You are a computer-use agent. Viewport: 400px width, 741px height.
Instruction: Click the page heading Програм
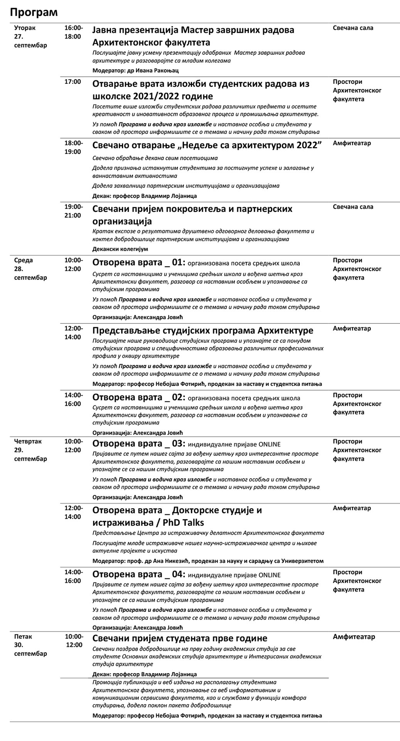(34, 12)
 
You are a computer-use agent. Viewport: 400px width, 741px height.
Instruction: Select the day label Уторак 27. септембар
(30, 37)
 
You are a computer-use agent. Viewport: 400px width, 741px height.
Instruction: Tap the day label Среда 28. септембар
(30, 269)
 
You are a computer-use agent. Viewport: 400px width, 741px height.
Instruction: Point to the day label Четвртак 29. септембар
(30, 450)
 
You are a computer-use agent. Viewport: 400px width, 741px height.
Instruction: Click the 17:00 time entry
(73, 82)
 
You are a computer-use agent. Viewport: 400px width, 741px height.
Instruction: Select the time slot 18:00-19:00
(73, 147)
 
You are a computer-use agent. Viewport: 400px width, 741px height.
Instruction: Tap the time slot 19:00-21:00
(73, 211)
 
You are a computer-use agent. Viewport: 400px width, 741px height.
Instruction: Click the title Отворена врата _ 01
(138, 263)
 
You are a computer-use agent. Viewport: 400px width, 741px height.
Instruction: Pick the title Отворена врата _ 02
(138, 398)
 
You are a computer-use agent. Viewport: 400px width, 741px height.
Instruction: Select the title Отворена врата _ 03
(138, 443)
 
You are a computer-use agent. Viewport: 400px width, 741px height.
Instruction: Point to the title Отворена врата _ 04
(138, 574)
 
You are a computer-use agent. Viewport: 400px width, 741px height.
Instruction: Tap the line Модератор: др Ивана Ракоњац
(135, 71)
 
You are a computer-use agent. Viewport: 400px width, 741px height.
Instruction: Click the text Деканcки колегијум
(120, 249)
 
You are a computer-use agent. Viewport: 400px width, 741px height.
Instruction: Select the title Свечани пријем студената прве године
(180, 638)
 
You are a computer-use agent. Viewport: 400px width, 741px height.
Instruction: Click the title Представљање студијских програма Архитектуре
(203, 331)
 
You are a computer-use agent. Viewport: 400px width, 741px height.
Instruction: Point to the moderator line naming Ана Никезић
(208, 561)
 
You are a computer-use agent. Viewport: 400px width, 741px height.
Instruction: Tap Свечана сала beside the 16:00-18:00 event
(353, 28)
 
